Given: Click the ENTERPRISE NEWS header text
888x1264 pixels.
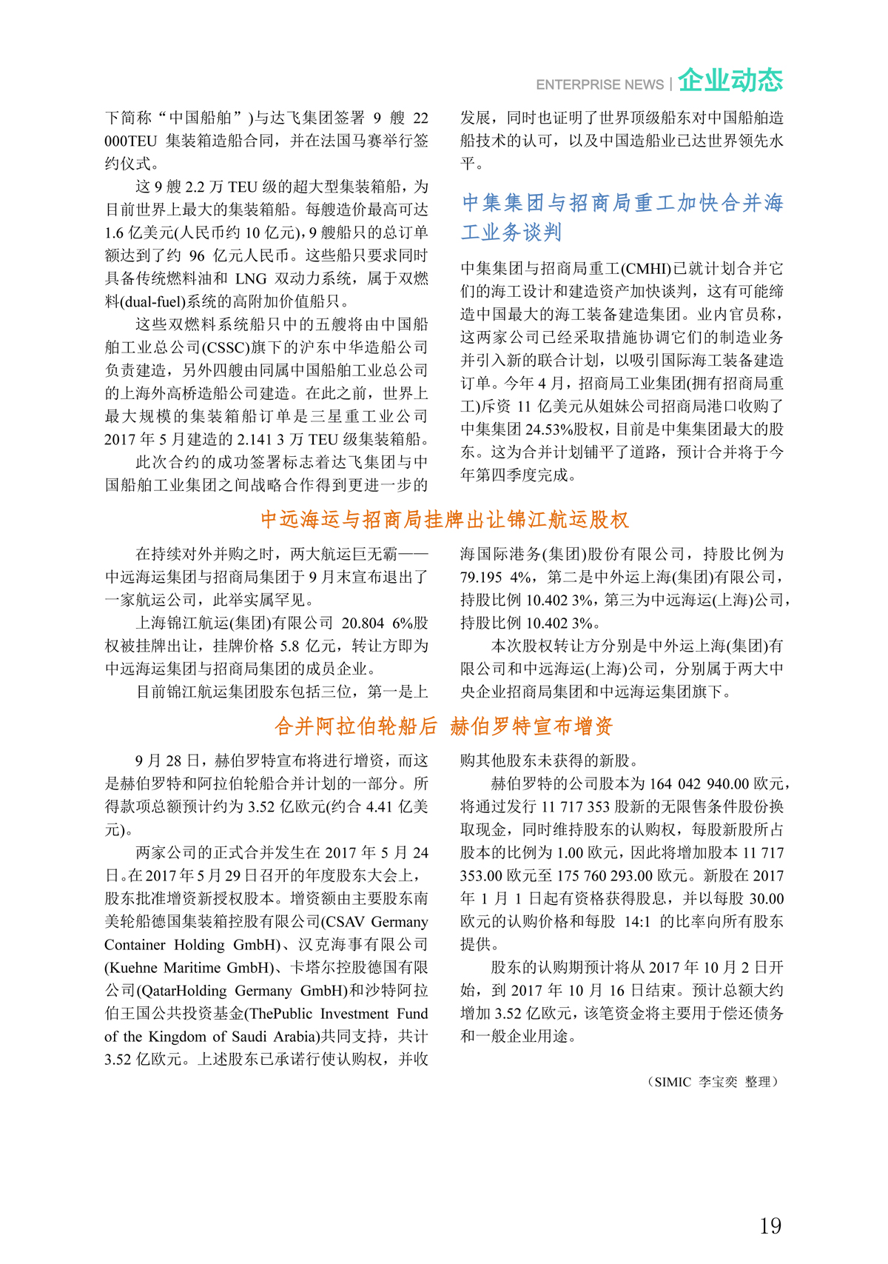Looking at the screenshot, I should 599,84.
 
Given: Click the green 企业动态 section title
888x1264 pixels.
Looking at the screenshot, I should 730,80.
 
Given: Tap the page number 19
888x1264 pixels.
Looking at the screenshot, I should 770,1226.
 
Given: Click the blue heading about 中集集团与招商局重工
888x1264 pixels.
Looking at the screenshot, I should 622,217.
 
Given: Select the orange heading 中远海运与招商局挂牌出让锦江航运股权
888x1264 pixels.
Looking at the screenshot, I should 445,520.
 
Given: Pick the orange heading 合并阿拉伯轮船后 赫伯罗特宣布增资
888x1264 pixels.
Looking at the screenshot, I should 444,726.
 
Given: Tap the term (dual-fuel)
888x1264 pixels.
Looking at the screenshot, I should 152,301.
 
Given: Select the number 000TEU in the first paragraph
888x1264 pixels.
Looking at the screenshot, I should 131,141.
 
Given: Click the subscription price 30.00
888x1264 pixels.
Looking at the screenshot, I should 765,899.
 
